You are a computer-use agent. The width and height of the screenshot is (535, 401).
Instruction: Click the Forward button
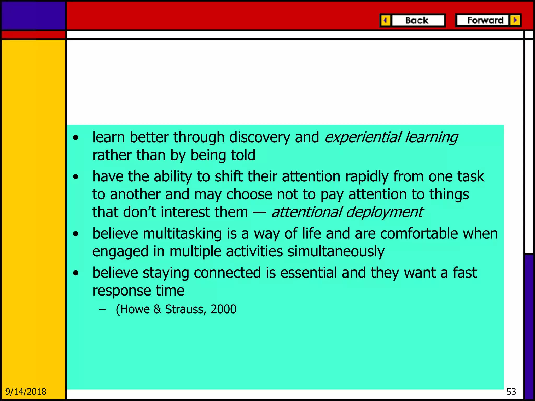pos(485,20)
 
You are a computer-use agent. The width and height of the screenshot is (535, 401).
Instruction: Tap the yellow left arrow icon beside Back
pos(385,20)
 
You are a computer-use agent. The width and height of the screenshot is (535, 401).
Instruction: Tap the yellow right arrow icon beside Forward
pos(515,20)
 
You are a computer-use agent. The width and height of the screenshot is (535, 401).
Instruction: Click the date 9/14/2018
pos(26,392)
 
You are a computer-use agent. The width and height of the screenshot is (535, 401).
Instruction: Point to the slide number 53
pos(511,392)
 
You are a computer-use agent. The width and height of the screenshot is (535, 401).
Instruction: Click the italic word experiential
pos(362,137)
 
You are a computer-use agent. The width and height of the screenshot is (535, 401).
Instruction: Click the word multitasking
pos(182,233)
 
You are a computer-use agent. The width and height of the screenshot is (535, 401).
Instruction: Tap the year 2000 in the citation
pos(223,309)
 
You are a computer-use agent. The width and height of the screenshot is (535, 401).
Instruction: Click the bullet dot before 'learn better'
pos(76,138)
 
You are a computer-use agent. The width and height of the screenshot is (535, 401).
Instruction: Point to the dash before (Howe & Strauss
pos(102,310)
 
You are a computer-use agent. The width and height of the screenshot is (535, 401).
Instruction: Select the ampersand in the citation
pos(157,309)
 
